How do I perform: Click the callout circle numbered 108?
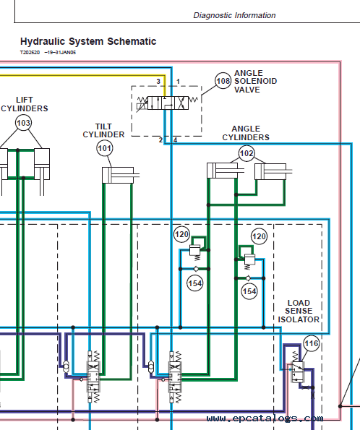coord(223,81)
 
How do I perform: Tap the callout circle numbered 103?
coord(23,123)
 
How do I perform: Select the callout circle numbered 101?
coord(105,148)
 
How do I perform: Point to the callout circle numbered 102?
coord(247,152)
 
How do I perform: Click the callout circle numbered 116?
coord(312,343)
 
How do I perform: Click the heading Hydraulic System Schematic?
coord(88,41)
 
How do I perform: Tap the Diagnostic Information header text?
coord(234,15)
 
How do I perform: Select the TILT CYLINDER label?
coord(103,131)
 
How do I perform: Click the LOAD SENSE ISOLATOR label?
coord(299,311)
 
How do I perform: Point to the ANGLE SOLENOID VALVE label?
coord(255,81)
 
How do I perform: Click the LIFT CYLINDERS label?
coord(25,104)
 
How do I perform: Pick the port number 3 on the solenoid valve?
coord(158,82)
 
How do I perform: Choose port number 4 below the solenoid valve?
coord(175,140)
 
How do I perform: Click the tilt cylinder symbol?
coord(121,175)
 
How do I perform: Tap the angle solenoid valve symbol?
coord(168,103)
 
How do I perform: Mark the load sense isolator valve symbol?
coord(297,371)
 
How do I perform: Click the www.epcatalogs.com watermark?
coord(265,418)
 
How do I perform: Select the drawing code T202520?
coord(30,52)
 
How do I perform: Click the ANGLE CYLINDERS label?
coord(246,133)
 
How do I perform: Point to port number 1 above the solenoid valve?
coord(178,82)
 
